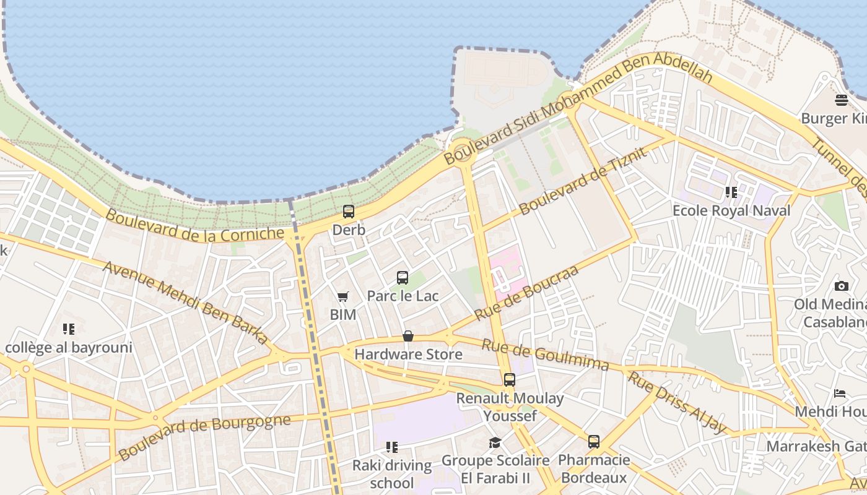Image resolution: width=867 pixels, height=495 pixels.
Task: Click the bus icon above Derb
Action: pyautogui.click(x=349, y=212)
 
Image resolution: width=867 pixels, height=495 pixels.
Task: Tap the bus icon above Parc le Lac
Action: pyautogui.click(x=403, y=278)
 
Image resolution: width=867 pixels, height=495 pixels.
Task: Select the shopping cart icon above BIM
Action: pyautogui.click(x=342, y=297)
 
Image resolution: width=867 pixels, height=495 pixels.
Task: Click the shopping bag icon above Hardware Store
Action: pyautogui.click(x=408, y=336)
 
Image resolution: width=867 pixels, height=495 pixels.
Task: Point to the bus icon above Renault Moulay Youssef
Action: pyautogui.click(x=509, y=380)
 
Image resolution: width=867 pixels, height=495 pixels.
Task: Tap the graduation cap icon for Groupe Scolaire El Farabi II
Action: pyautogui.click(x=495, y=442)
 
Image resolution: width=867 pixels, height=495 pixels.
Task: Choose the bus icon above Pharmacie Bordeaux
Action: pyautogui.click(x=593, y=442)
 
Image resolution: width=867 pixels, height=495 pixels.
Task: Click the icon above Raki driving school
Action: pyautogui.click(x=391, y=447)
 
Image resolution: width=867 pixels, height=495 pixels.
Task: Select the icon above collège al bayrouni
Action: pyautogui.click(x=69, y=329)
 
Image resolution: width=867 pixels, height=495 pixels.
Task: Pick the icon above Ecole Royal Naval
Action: pyautogui.click(x=731, y=192)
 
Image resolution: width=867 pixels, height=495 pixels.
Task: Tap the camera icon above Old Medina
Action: pyautogui.click(x=841, y=286)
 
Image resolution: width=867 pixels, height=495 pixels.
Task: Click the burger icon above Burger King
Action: pyautogui.click(x=841, y=100)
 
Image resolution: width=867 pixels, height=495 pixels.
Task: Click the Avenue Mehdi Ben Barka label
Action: pyautogui.click(x=186, y=303)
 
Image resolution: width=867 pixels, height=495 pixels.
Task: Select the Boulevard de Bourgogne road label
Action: pyautogui.click(x=204, y=437)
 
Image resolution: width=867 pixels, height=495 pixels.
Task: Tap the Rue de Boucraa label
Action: pyautogui.click(x=526, y=293)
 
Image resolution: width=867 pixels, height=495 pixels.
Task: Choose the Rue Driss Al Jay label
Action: pyautogui.click(x=676, y=402)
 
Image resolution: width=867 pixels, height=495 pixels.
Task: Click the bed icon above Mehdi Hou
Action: pyautogui.click(x=840, y=394)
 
